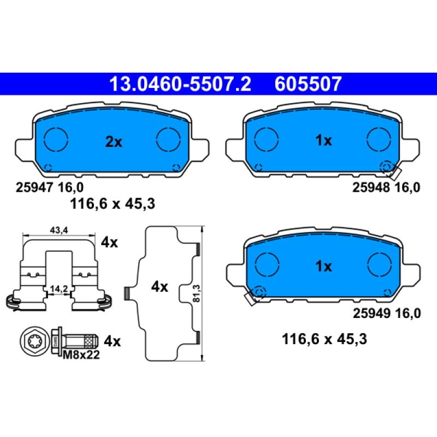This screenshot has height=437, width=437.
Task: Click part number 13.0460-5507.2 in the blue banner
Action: pyautogui.click(x=180, y=84)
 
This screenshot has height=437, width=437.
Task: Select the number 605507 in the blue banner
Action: pyautogui.click(x=308, y=84)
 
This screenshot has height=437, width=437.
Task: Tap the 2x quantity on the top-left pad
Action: pyautogui.click(x=114, y=142)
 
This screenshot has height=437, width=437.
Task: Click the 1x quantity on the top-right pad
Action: pyautogui.click(x=323, y=140)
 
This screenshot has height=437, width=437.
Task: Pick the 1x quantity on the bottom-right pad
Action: pyautogui.click(x=323, y=267)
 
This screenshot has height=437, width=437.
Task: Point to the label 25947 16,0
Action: pyautogui.click(x=50, y=187)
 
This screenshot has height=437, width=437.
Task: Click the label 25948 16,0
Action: pyautogui.click(x=386, y=187)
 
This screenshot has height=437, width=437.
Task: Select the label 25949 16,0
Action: pyautogui.click(x=387, y=313)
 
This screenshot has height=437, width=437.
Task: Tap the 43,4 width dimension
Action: pyautogui.click(x=59, y=230)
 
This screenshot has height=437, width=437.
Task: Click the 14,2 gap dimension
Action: pyautogui.click(x=59, y=289)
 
